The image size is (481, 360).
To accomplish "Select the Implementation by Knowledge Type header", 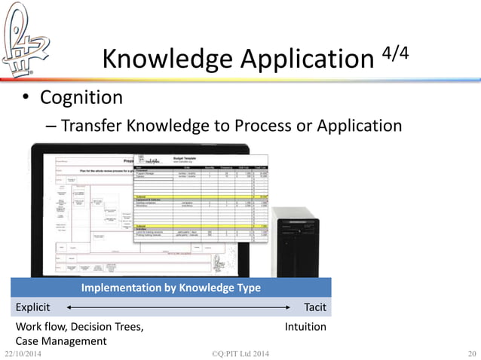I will [x=170, y=288].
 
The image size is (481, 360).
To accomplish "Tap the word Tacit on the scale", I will [x=314, y=307].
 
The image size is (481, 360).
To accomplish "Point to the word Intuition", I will [x=305, y=327].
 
